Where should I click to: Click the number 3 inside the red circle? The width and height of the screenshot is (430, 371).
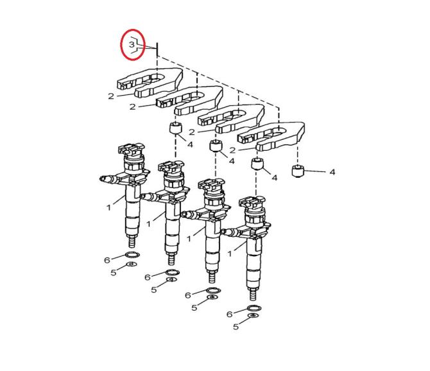coord(132,44)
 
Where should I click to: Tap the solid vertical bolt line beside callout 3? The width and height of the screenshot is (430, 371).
coord(157,49)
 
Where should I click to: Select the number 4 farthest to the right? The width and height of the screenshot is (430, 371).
coord(332,172)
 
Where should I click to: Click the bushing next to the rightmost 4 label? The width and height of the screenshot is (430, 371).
coord(298,171)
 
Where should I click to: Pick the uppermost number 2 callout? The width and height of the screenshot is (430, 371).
coord(111,96)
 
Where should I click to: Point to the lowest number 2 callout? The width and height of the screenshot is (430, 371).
coord(232,150)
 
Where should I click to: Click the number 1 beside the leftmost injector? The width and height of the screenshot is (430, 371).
coord(109,207)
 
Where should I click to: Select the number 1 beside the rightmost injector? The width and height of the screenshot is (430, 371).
coord(230,254)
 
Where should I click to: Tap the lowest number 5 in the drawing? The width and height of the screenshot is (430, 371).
coord(236,327)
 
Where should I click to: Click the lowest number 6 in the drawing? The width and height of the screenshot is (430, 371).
coord(230,315)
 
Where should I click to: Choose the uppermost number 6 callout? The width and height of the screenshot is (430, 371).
coord(107,260)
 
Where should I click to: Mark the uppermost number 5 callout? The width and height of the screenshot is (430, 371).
coord(113,273)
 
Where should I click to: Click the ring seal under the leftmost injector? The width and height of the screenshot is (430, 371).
coord(132,255)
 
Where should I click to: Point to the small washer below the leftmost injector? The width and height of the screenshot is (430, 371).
coord(132,264)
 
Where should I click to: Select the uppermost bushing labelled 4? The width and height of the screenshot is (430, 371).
coord(176,128)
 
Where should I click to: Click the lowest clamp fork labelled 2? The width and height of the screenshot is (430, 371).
coord(271,136)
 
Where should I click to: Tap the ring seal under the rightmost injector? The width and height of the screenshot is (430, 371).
coord(254,307)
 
